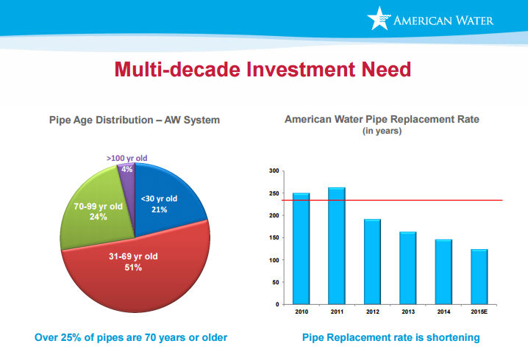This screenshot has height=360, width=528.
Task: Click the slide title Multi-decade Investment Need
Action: [x=263, y=70]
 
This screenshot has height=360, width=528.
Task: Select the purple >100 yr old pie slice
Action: [x=125, y=169]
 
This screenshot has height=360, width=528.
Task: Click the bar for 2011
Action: [x=336, y=245]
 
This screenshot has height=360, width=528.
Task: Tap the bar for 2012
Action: [x=372, y=262]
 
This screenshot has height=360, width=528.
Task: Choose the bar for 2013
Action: [x=407, y=267]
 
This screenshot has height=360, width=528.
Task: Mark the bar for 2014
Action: [x=443, y=272]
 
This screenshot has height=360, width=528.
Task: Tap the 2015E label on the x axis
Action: [x=479, y=312]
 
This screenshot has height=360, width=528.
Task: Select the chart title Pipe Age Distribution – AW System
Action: [x=134, y=119]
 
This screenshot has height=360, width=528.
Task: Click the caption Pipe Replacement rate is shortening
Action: [x=390, y=337]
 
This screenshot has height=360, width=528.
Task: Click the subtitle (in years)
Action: [x=381, y=132]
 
